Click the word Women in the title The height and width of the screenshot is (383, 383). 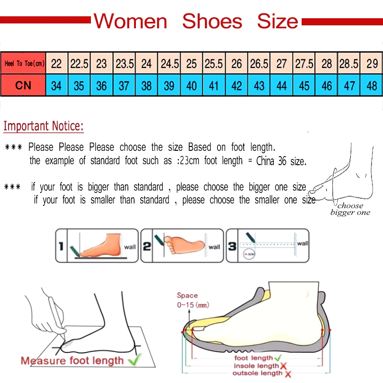tap(130, 22)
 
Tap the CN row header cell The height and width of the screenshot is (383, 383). tap(23, 86)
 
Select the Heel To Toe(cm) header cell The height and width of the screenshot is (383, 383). tap(23, 63)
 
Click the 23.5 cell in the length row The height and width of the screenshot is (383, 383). tap(124, 63)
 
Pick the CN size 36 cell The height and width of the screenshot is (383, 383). tap(101, 86)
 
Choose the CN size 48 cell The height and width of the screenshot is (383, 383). tap(372, 86)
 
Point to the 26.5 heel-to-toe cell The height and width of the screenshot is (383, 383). tap(259, 63)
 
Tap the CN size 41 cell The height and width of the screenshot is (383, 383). tap(214, 86)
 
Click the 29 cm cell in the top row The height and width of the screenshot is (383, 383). tap(372, 63)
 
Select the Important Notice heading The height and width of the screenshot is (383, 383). tap(44, 126)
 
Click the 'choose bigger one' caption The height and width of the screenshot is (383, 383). tap(350, 209)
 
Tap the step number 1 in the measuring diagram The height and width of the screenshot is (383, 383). tap(61, 246)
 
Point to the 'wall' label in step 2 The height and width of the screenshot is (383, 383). tap(214, 247)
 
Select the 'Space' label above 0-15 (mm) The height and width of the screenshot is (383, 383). tap(187, 295)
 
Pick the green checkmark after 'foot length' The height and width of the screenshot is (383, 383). tap(278, 358)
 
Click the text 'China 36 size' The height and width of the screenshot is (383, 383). tap(281, 161)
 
